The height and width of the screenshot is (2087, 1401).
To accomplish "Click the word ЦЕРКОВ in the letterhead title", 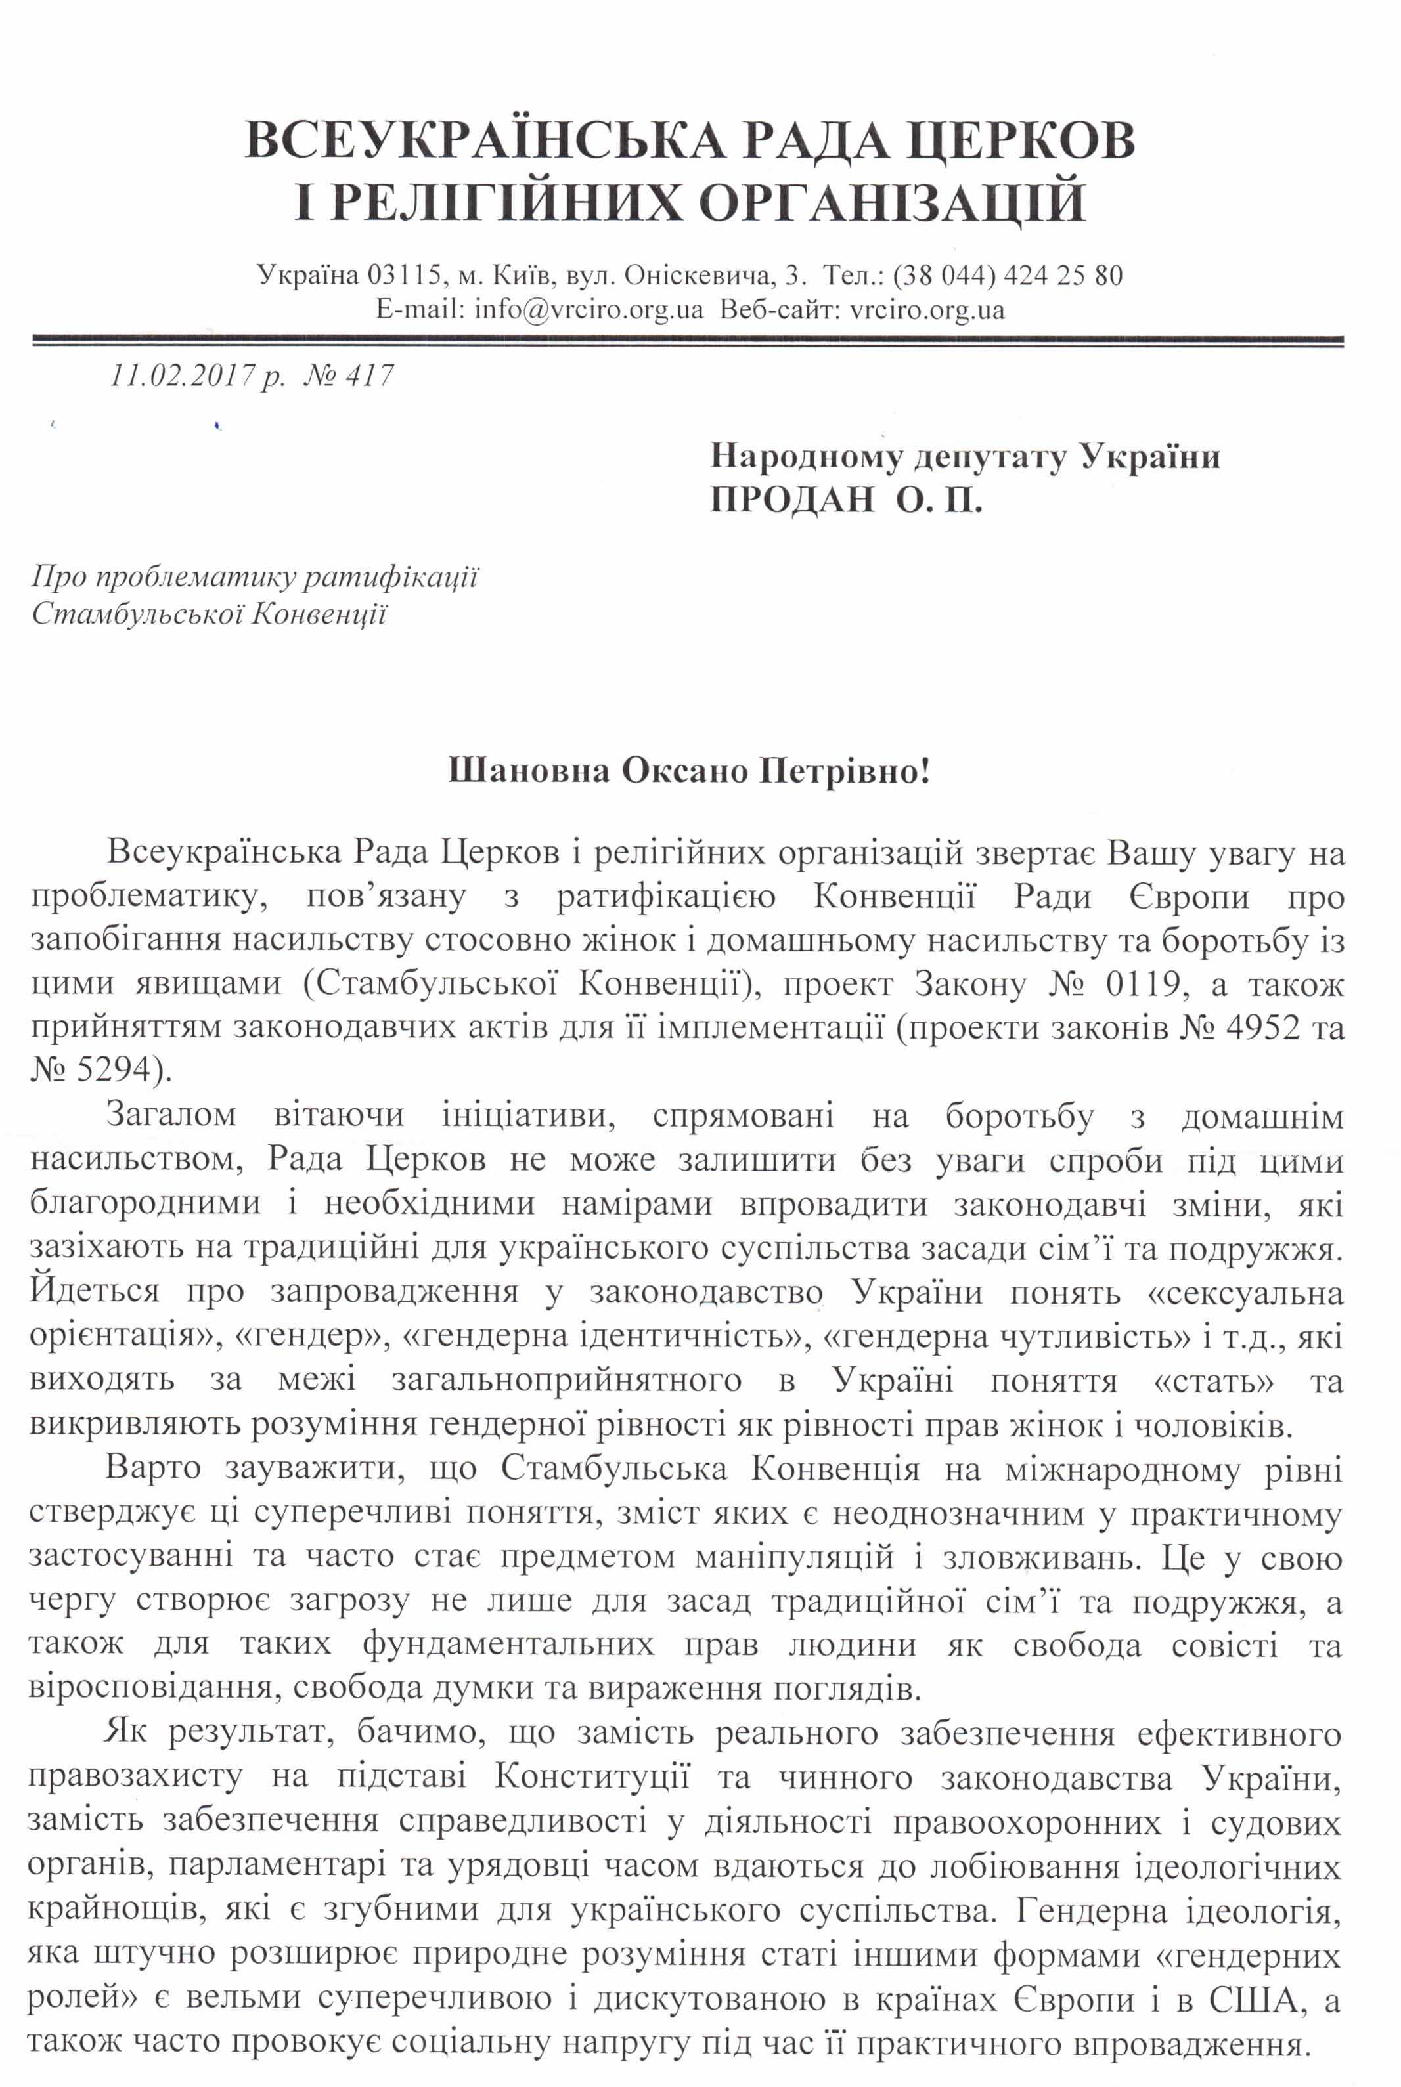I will pos(997,140).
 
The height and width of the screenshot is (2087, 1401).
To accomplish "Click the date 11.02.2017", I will pos(183,376).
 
